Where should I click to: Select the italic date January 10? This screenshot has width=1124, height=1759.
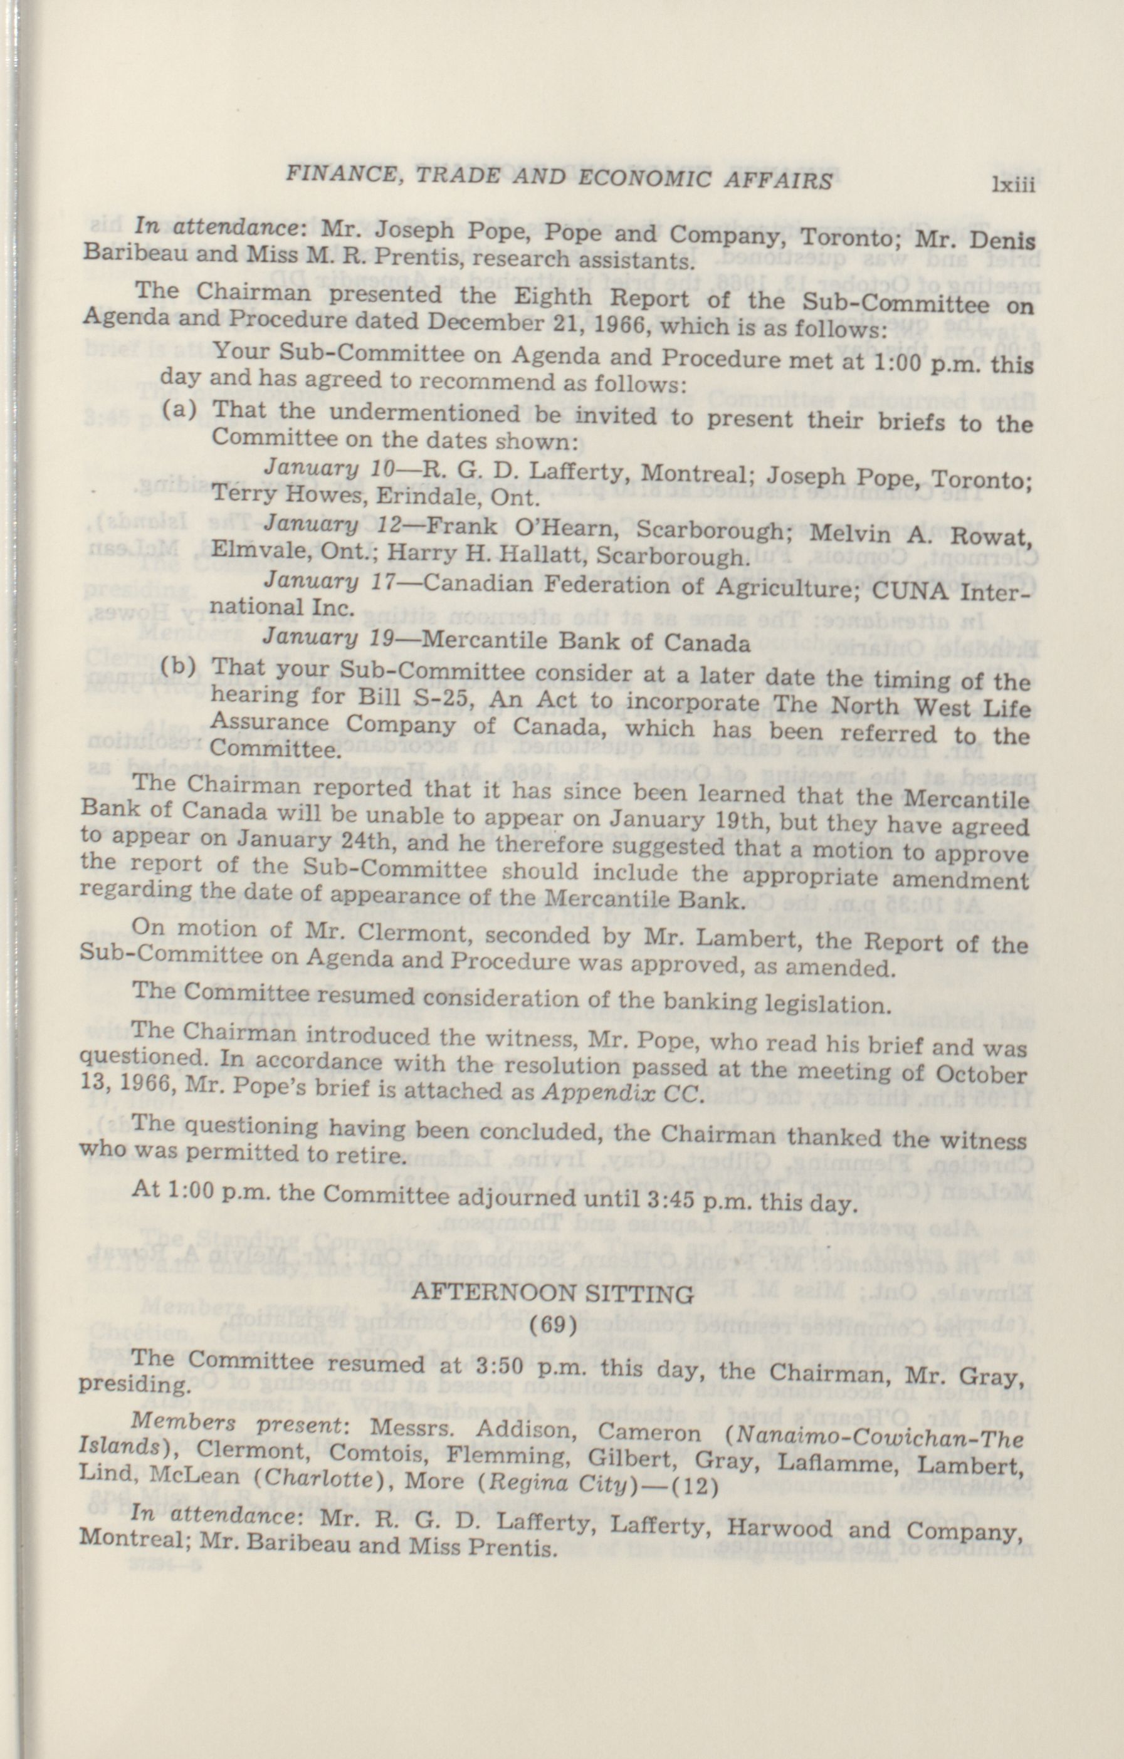pyautogui.click(x=330, y=467)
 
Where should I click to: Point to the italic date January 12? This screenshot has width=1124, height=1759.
pyautogui.click(x=330, y=525)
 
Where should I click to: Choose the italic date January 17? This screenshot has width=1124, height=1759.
pyautogui.click(x=330, y=582)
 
